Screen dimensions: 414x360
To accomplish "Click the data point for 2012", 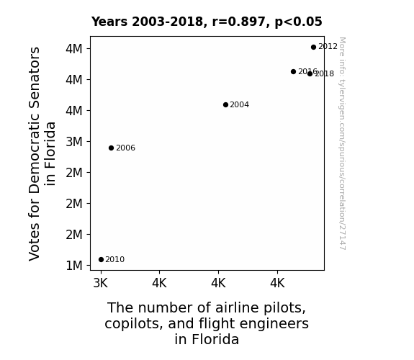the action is [313, 48].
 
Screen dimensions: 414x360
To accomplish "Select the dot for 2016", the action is [293, 71].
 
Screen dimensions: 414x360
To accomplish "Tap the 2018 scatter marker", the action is [310, 73].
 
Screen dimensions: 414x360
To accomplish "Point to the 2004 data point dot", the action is [225, 105].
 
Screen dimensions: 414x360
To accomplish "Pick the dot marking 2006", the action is [111, 148].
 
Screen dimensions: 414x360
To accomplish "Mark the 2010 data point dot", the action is [101, 260].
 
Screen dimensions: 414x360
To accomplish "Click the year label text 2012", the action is [328, 47].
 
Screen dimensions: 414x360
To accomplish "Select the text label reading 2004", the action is [240, 104].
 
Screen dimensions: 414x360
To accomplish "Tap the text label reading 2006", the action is [126, 148].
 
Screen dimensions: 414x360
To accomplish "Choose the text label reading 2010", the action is [115, 260].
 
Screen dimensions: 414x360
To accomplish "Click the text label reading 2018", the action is [325, 73].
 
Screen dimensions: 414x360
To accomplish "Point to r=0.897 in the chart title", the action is [239, 22].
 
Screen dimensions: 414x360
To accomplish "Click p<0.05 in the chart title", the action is [299, 22].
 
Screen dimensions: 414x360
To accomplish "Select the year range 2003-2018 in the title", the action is [167, 22].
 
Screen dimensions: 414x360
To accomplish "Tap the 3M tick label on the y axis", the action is [74, 142].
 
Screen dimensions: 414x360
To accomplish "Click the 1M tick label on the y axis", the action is [74, 266].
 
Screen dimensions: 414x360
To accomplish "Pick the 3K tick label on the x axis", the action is [101, 284].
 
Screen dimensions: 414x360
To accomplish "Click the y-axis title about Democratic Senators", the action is [42, 154].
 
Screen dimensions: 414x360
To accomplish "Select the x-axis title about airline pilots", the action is [207, 323].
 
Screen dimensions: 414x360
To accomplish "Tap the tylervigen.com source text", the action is [342, 143].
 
